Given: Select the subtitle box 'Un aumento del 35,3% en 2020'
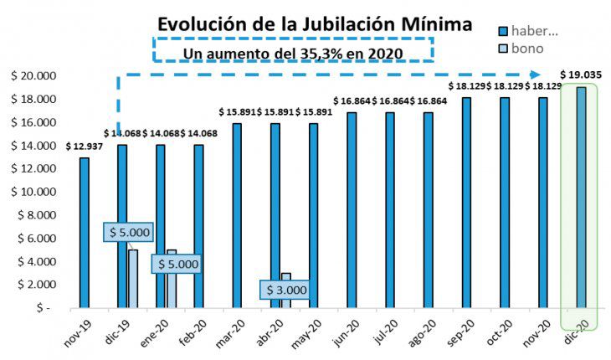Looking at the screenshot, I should (293, 52).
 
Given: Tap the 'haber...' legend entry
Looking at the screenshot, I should (526, 31).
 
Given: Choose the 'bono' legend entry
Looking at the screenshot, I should (526, 49).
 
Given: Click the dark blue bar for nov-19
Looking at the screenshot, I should (84, 232).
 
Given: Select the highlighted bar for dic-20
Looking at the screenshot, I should (581, 197).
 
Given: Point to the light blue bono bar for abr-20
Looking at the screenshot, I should (285, 279).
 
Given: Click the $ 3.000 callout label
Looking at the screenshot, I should (286, 291).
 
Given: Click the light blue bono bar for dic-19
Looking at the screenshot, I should (133, 279).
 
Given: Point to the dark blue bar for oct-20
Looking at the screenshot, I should (505, 203).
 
